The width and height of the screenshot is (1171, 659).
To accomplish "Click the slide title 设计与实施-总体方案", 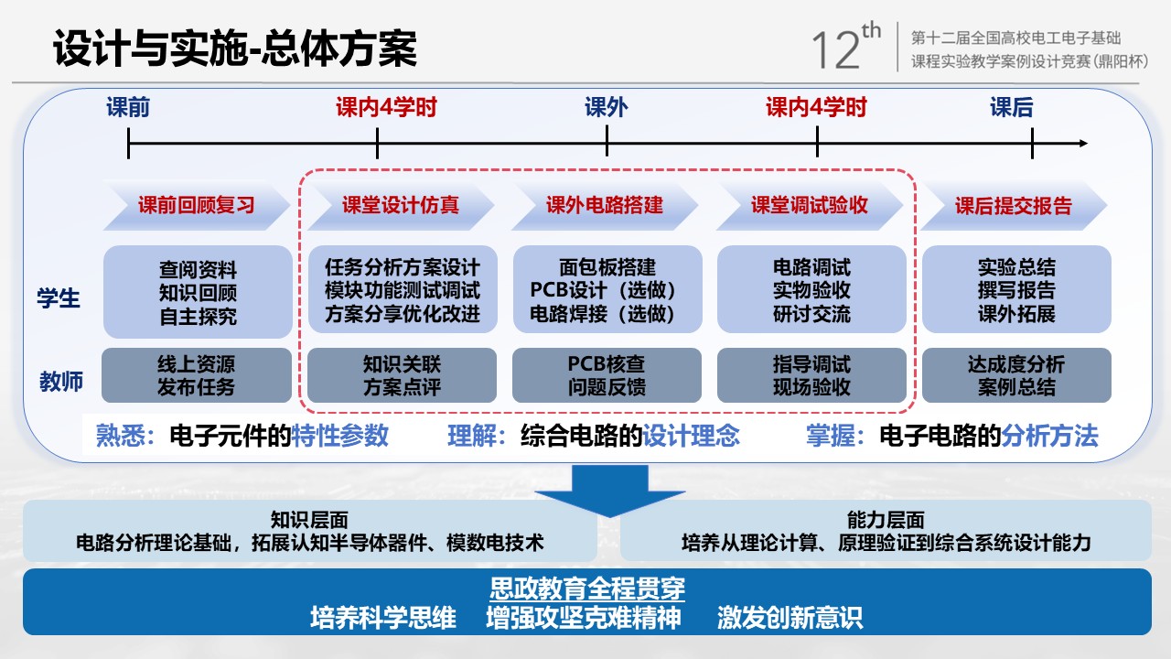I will pyautogui.click(x=235, y=49).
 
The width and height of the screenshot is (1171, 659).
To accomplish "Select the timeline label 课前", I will pyautogui.click(x=128, y=108).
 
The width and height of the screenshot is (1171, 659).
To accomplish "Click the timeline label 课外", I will pyautogui.click(x=607, y=108).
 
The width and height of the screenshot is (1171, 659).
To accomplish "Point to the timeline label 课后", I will pyautogui.click(x=1012, y=108).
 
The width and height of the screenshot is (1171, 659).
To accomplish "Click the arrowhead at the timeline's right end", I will pyautogui.click(x=1082, y=144).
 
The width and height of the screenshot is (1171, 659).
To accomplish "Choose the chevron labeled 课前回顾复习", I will pyautogui.click(x=196, y=205).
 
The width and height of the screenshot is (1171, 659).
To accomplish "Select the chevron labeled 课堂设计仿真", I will pyautogui.click(x=401, y=205).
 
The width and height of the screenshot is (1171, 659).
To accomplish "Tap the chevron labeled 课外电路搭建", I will pyautogui.click(x=605, y=205).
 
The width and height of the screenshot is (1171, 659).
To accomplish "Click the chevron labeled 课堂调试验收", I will pyautogui.click(x=810, y=205).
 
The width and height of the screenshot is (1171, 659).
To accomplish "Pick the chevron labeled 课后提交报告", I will pyautogui.click(x=1014, y=205).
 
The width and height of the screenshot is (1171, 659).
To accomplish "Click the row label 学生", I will pyautogui.click(x=59, y=298).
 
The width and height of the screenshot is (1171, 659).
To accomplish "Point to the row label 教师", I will pyautogui.click(x=60, y=381).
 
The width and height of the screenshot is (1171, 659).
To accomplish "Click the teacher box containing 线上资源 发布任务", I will pyautogui.click(x=196, y=375).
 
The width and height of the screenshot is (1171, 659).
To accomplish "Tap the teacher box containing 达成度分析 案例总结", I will pyautogui.click(x=1016, y=375).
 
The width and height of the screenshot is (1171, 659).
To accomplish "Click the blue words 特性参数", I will pyautogui.click(x=340, y=436).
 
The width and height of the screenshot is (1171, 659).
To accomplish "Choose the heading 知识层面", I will pyautogui.click(x=309, y=520).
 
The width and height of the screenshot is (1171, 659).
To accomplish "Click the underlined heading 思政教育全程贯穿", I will pyautogui.click(x=587, y=588).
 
